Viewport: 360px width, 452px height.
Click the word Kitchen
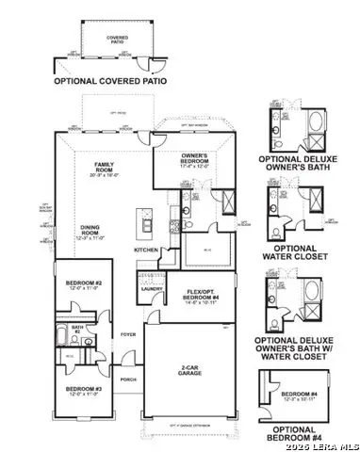[145, 250]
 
